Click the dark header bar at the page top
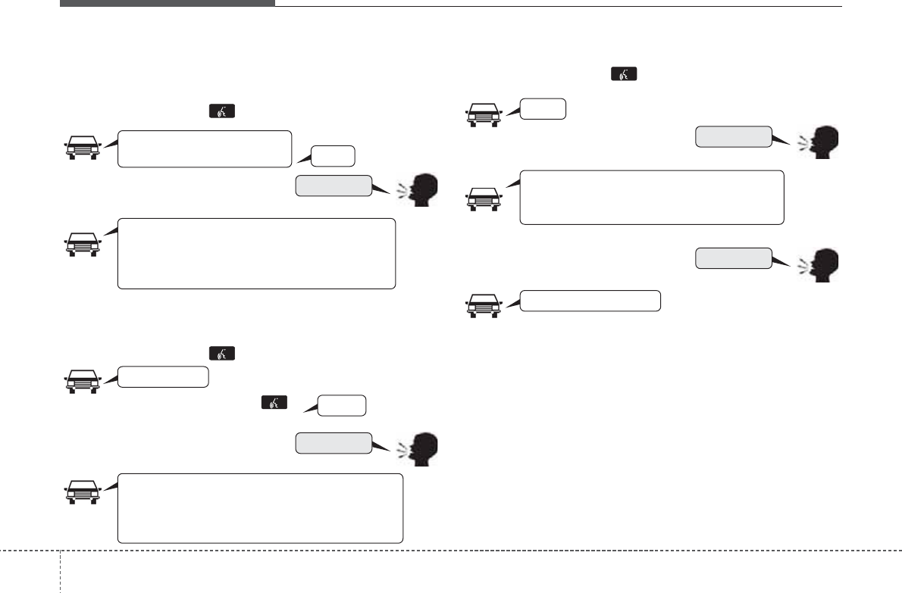click(167, 3)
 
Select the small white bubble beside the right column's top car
click(543, 109)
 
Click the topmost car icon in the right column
click(483, 114)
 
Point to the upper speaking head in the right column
click(822, 142)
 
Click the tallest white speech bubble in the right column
click(651, 197)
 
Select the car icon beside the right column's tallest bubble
click(483, 198)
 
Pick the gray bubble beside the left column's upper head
click(334, 186)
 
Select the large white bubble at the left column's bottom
click(260, 508)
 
